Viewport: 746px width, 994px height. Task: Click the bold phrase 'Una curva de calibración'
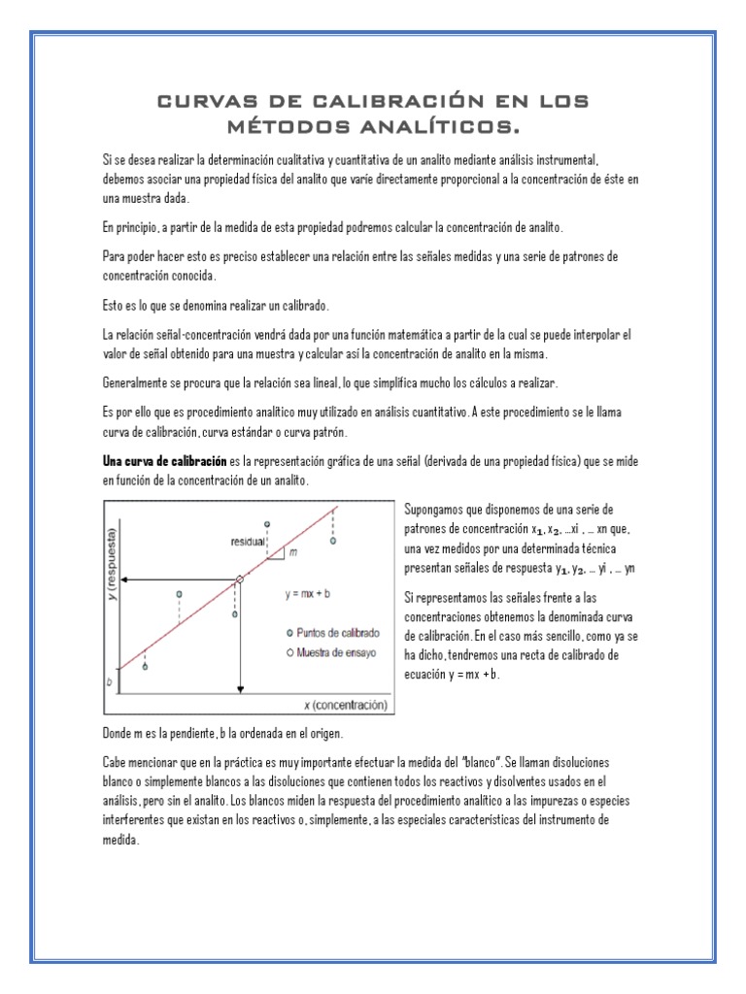point(164,460)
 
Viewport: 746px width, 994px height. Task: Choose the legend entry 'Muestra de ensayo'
point(333,651)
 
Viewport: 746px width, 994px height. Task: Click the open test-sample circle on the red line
point(240,580)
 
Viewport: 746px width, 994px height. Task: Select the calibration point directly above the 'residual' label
point(267,524)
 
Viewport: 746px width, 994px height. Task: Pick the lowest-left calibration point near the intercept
point(145,667)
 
